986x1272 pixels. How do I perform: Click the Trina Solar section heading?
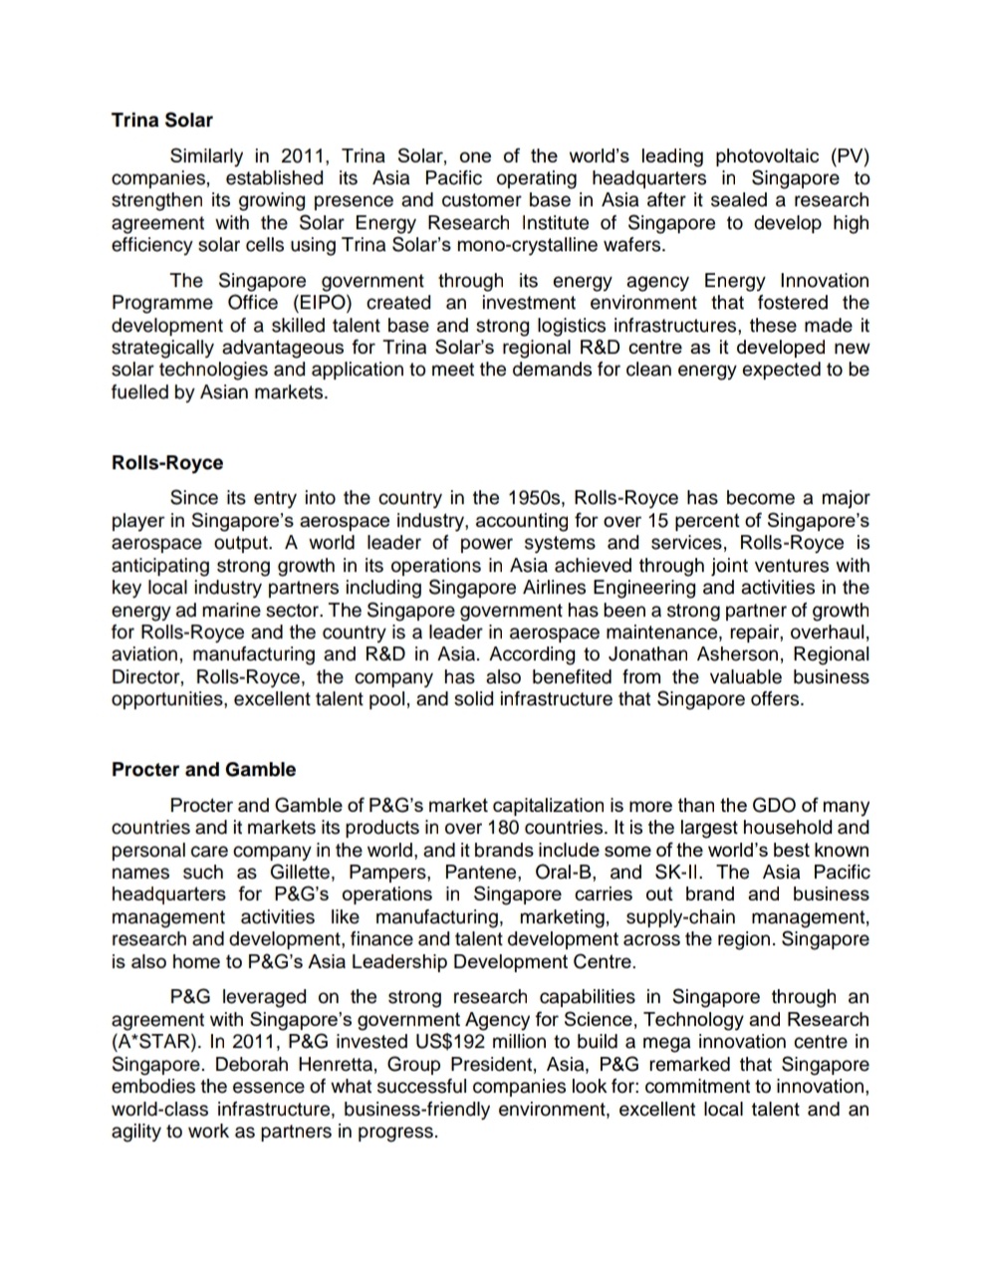(x=161, y=121)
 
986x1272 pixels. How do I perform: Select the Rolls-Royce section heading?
(x=167, y=463)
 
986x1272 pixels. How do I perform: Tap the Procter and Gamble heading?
(x=203, y=769)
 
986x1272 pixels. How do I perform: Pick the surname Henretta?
(x=324, y=1064)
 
